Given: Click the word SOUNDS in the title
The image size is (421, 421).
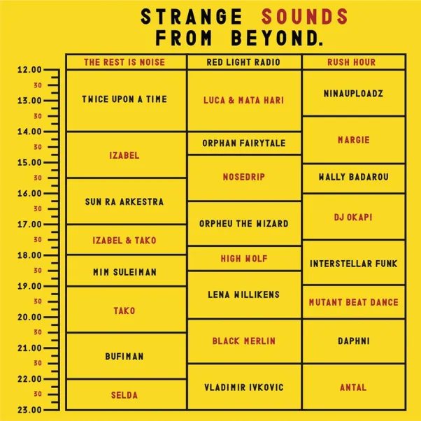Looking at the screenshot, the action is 305,17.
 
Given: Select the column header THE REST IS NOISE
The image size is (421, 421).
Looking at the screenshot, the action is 124,62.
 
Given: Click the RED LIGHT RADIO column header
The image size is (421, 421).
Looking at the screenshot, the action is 243,62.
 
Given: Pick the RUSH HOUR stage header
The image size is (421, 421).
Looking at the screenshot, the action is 352,62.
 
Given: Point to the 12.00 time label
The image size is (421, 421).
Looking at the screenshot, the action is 30,70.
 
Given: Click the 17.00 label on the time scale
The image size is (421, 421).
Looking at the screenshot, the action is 30,224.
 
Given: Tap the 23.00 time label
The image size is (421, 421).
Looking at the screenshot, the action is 30,410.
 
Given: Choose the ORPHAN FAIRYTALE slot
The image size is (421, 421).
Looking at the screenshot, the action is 244,143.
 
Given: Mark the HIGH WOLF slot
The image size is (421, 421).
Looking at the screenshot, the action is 244,259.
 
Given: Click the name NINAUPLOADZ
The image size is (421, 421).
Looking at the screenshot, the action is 353,94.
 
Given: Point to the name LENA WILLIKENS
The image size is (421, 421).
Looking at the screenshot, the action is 244,294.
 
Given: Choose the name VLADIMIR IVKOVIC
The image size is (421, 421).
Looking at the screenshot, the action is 244,387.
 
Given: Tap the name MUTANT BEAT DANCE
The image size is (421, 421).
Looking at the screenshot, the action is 354,302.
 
